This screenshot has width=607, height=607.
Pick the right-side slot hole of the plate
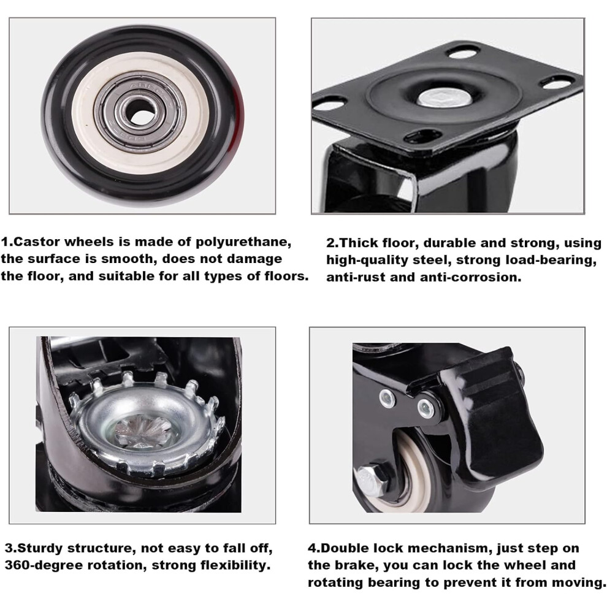click(557, 82)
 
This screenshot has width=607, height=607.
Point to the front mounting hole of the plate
click(422, 137)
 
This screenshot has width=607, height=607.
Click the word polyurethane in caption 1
click(243, 242)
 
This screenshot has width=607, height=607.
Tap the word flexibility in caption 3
click(235, 565)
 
